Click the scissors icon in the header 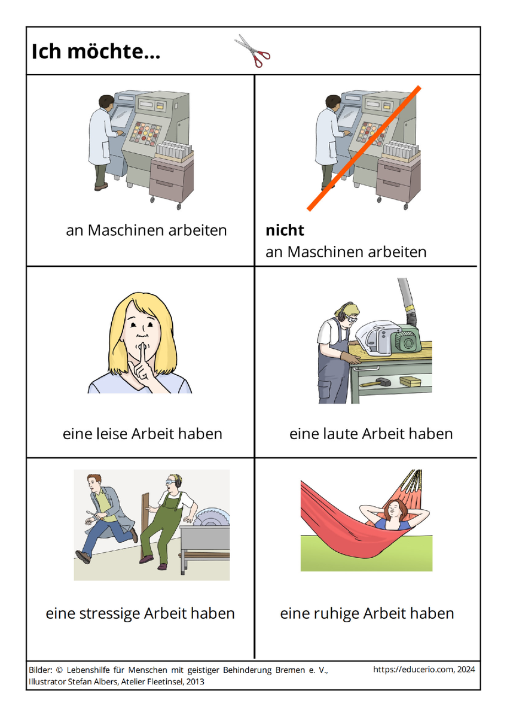click(x=252, y=51)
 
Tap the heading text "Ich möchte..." click(x=96, y=51)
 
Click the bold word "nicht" click(x=285, y=230)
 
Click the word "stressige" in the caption click(x=109, y=613)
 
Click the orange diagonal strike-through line click(x=364, y=148)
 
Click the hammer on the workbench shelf click(x=375, y=382)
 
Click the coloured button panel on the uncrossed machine click(x=146, y=133)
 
